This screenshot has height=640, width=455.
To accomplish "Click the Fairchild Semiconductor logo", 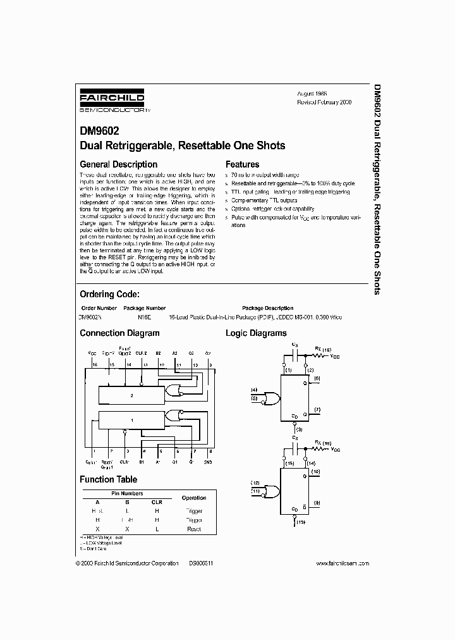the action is tap(112, 101).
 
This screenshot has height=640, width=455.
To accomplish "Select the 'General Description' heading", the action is tap(118, 164).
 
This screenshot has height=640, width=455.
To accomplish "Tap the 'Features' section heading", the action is tap(243, 164).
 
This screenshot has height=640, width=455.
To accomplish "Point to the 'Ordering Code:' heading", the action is tap(109, 294).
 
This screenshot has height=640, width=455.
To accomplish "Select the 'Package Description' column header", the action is tap(267, 308).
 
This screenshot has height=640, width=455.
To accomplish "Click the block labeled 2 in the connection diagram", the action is tap(131, 395).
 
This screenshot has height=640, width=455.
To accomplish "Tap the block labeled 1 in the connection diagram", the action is tap(131, 420).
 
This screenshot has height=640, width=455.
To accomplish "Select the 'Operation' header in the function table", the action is tap(193, 498).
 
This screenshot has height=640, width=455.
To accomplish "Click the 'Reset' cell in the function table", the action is tap(193, 529).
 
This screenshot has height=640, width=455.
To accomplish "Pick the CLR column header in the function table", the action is tap(157, 502).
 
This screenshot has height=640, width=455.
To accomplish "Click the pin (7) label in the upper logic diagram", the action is tap(317, 411).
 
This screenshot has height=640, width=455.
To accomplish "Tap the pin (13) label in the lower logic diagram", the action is tap(300, 522).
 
